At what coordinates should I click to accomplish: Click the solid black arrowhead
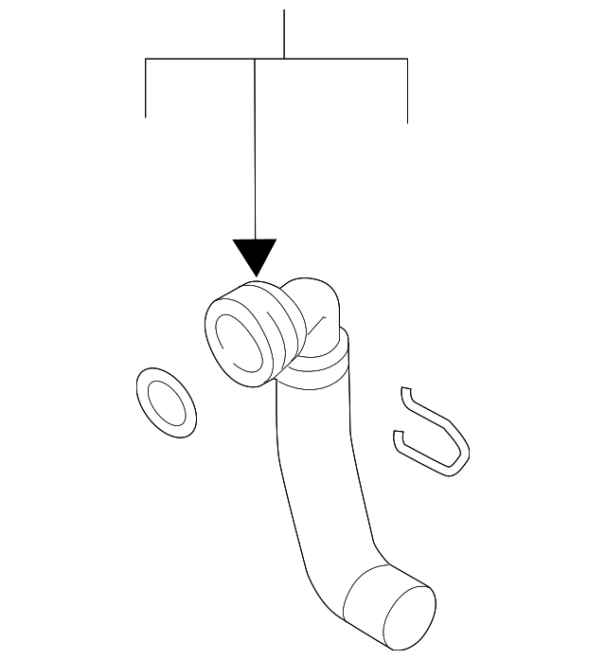256,255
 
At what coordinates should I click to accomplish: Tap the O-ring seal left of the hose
167,403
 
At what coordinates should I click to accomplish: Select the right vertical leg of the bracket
407,91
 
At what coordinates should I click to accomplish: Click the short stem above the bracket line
284,34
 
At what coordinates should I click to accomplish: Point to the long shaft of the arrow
256,152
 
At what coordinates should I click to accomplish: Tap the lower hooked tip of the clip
399,438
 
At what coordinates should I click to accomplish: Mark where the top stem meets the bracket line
284,60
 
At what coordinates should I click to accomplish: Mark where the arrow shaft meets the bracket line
256,60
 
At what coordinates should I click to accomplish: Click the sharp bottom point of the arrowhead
256,276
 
